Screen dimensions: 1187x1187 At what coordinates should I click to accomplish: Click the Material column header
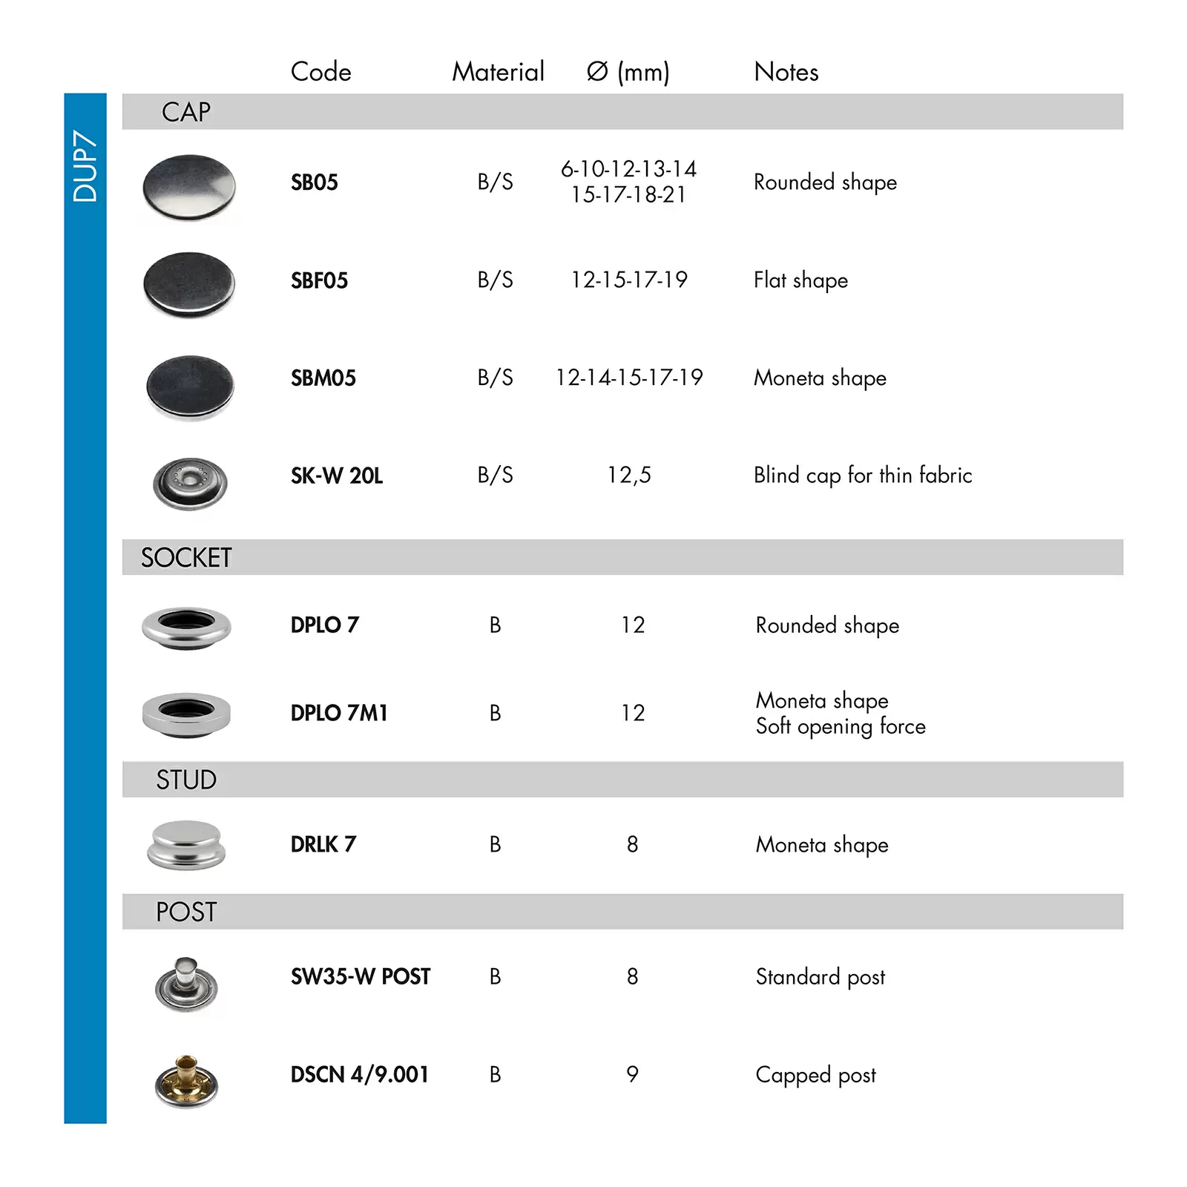pos(498,72)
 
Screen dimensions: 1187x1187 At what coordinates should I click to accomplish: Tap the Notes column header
pos(786,72)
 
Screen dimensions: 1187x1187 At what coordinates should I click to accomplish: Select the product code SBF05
pos(319,280)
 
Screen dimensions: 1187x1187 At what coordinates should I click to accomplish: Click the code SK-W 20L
pos(336,476)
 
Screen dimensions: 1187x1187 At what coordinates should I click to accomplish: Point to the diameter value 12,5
pos(629,475)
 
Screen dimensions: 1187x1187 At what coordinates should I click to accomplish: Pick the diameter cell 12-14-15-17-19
pos(629,378)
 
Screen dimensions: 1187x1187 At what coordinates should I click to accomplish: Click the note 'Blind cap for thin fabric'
pos(862,475)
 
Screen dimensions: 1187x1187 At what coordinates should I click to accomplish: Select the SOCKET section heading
pos(186,557)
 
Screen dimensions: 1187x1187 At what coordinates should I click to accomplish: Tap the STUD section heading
pos(186,780)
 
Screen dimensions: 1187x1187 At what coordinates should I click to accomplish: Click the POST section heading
pos(186,912)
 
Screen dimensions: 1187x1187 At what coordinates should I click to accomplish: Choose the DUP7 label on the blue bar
pos(85,166)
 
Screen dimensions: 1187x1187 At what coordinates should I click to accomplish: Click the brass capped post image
pos(186,1080)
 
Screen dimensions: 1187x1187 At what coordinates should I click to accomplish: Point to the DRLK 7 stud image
pos(185,844)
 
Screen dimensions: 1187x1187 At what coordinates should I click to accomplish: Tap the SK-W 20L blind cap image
pos(189,483)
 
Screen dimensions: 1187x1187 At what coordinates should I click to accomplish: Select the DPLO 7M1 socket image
pos(186,713)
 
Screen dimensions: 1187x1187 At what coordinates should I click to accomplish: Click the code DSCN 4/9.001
pos(359,1074)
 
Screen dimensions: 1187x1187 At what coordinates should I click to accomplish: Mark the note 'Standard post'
pos(820,977)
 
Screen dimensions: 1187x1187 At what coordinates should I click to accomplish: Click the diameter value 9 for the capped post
pos(632,1074)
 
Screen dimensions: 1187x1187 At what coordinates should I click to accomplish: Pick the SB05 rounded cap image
pos(189,187)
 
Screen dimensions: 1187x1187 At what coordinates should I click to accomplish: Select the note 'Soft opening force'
pos(840,726)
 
